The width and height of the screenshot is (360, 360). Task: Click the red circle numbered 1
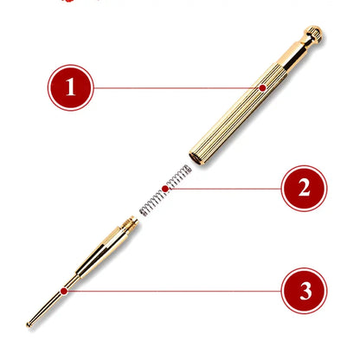pos(71,87)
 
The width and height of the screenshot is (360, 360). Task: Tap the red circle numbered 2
pos(305,189)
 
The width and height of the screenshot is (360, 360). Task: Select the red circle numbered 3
pos(305,291)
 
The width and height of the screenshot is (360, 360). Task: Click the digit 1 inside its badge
pos(71,87)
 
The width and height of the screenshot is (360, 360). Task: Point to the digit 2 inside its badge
pos(305,188)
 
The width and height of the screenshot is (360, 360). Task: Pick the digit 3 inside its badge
pos(305,291)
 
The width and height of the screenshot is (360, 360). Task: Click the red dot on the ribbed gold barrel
pos(262,87)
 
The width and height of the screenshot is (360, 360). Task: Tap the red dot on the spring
pos(165,189)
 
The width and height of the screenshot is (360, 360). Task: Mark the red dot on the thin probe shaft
pos(64,291)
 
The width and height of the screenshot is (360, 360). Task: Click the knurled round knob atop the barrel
pos(313,34)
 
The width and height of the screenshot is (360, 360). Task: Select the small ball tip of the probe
pos(29,325)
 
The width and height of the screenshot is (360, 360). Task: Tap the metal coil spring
pos(165,190)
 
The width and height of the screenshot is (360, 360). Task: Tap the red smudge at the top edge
pos(67,1)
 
